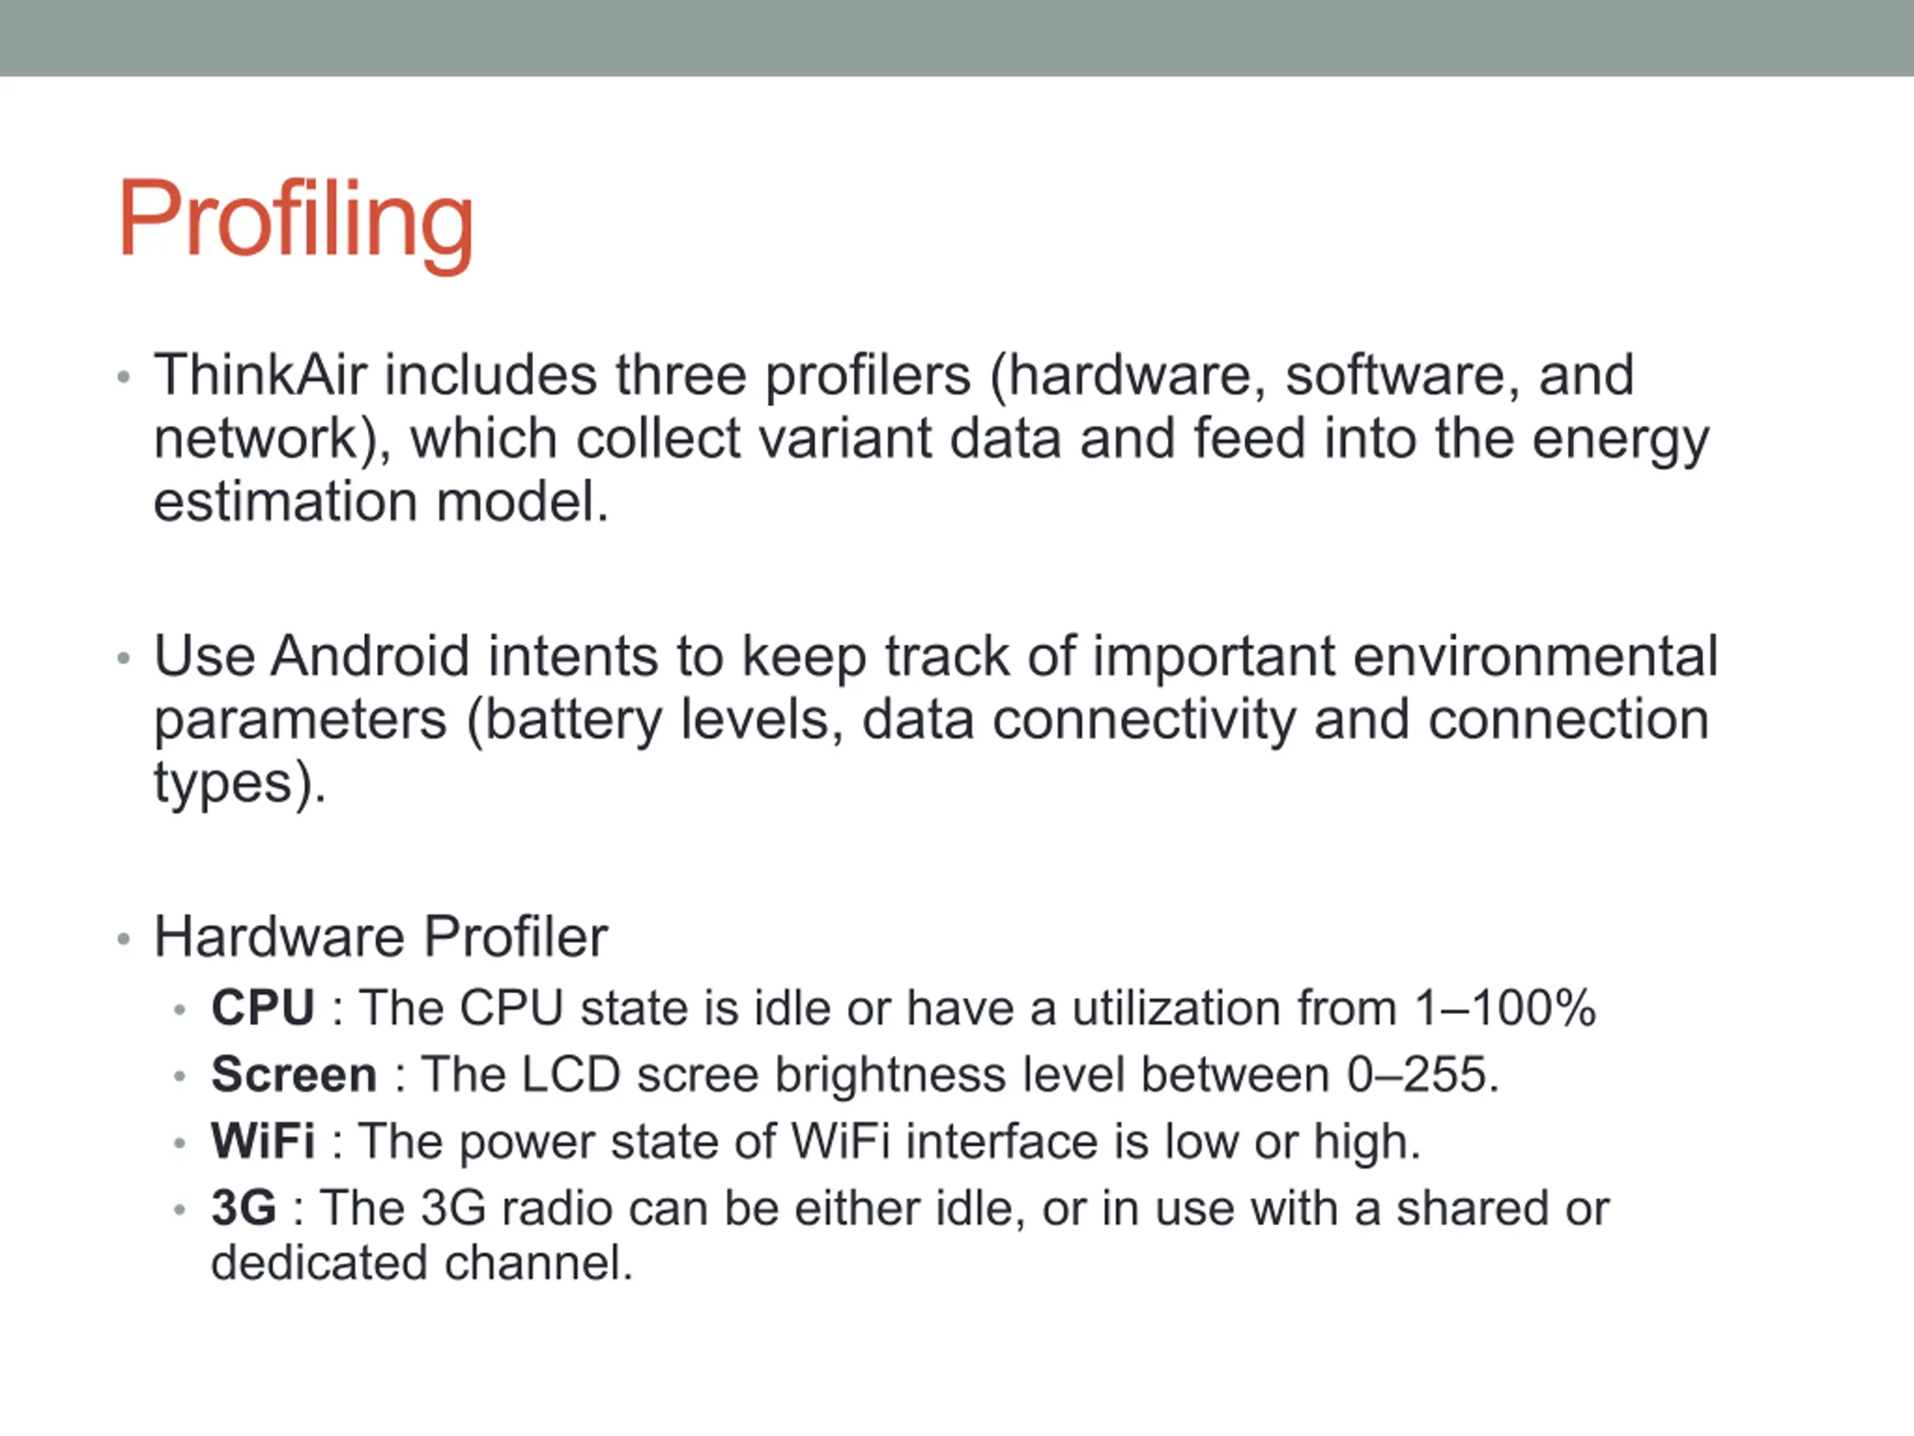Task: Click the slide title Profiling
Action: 296,221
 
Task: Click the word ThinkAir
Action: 260,375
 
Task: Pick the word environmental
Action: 1535,655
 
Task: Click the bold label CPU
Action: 263,1007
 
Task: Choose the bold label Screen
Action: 294,1074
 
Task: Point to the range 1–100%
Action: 1506,1008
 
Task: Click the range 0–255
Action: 1421,1075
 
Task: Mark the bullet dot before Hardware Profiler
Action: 123,939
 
